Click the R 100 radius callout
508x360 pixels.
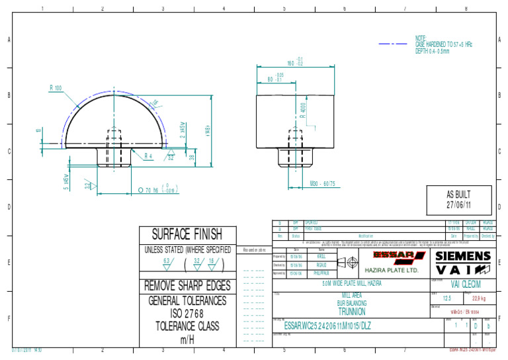coord(56,88)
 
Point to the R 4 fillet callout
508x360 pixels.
coord(149,156)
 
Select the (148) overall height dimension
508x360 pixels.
coord(207,130)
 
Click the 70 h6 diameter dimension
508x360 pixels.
coord(156,191)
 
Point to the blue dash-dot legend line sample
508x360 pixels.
coord(395,44)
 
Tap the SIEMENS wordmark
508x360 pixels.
coord(463,256)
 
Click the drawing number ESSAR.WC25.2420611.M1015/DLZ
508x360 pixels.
coord(327,326)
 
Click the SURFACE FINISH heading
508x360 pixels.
coord(187,234)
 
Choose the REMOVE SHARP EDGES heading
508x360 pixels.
coord(187,286)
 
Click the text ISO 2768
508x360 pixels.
coord(187,313)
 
